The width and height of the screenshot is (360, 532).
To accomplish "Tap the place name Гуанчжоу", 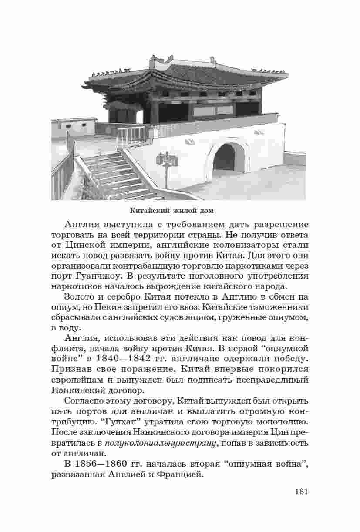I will [x=99, y=276].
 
